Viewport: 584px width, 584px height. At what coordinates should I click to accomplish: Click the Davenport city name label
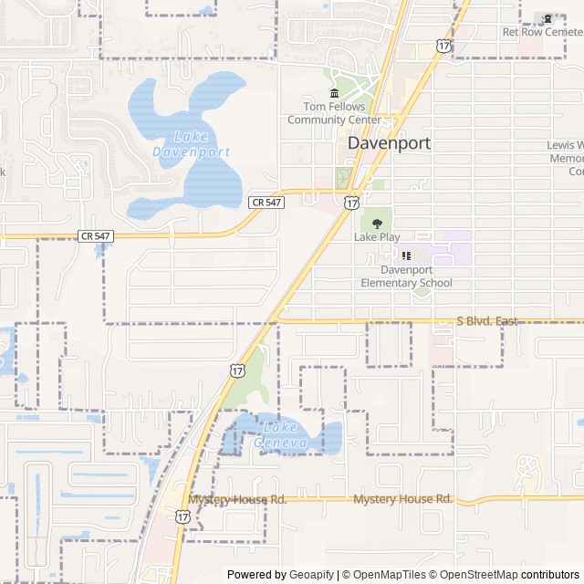pyautogui.click(x=389, y=143)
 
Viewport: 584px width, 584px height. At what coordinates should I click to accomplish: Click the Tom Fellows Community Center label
pyautogui.click(x=334, y=113)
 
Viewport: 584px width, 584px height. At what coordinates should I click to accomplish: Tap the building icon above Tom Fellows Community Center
pyautogui.click(x=334, y=94)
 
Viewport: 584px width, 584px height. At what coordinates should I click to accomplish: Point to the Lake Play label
pyautogui.click(x=377, y=237)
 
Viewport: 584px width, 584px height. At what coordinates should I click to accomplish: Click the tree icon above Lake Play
pyautogui.click(x=377, y=222)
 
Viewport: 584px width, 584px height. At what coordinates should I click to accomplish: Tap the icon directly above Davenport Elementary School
pyautogui.click(x=406, y=255)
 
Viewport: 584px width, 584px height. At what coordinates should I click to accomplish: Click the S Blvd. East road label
pyautogui.click(x=486, y=321)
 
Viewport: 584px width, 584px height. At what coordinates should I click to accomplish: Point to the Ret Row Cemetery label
pyautogui.click(x=542, y=32)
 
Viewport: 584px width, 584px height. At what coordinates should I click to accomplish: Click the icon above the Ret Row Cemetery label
pyautogui.click(x=547, y=17)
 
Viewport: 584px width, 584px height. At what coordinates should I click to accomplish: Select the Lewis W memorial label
pyautogui.click(x=566, y=158)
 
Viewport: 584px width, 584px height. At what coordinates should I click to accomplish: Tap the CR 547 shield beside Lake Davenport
pyautogui.click(x=266, y=202)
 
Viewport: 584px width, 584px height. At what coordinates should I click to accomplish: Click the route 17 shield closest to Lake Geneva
pyautogui.click(x=237, y=370)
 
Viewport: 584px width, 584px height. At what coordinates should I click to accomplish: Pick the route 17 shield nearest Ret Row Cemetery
pyautogui.click(x=443, y=45)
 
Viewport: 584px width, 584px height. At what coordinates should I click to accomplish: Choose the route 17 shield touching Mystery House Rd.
pyautogui.click(x=182, y=516)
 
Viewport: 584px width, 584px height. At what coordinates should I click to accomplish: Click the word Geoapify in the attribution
pyautogui.click(x=312, y=575)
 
